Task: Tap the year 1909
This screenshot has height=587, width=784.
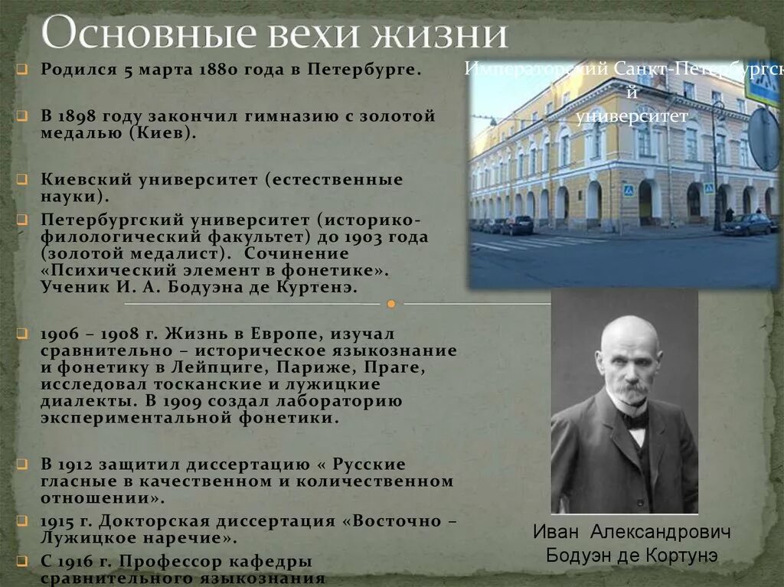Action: pyautogui.click(x=221, y=401)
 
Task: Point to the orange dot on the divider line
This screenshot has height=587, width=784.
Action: pyautogui.click(x=391, y=304)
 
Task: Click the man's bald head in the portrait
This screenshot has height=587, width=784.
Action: pyautogui.click(x=629, y=330)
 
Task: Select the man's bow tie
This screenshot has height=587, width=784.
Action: pyautogui.click(x=635, y=419)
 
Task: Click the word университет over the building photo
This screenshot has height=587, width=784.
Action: pyautogui.click(x=622, y=117)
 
